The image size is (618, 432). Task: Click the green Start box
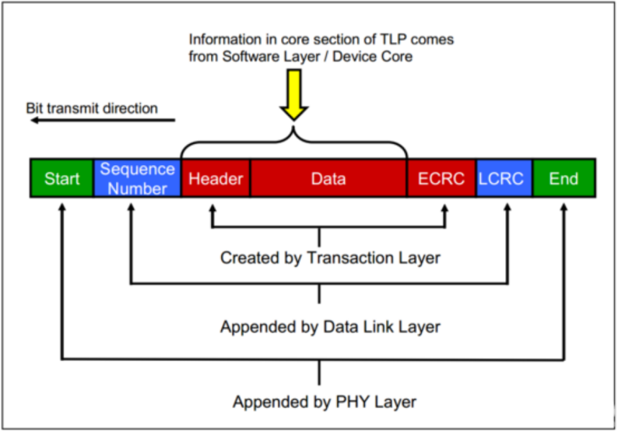61,179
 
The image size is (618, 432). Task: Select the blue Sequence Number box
137,179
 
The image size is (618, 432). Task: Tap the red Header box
216,179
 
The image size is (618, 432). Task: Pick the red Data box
328,179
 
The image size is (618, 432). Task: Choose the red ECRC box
441,179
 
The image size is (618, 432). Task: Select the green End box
564,179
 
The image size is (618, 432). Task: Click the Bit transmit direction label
92,108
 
